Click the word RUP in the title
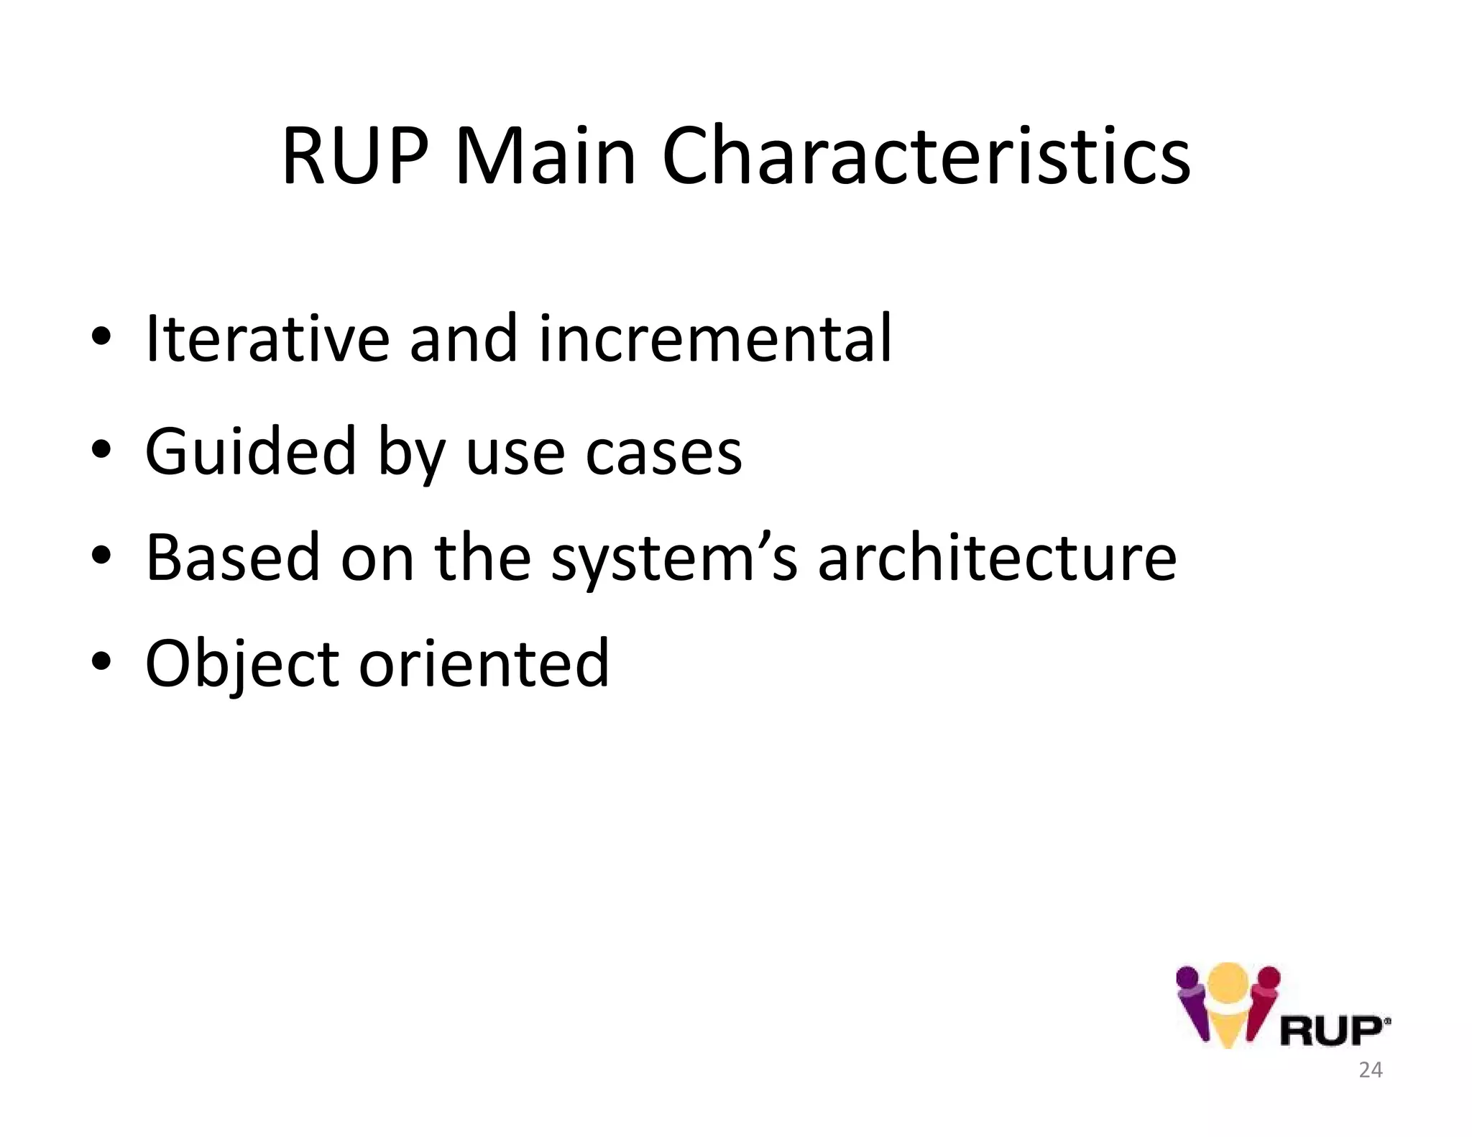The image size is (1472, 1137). [355, 157]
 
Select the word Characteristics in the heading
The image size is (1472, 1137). [926, 157]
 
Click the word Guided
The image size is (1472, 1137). [250, 451]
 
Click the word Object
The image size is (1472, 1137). [241, 663]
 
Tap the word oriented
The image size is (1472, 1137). [484, 663]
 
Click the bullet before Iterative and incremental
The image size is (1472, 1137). [101, 336]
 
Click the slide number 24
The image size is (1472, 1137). [1370, 1070]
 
